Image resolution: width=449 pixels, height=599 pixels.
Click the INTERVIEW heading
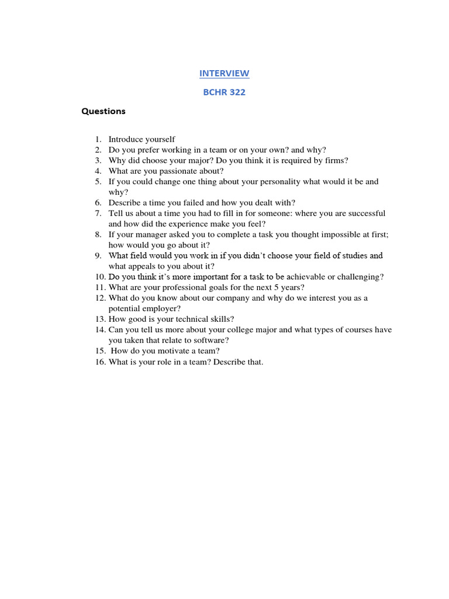(x=224, y=73)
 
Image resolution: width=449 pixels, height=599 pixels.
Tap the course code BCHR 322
(x=224, y=92)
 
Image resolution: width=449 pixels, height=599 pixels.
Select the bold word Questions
(x=103, y=111)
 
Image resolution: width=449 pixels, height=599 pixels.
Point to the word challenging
(x=358, y=277)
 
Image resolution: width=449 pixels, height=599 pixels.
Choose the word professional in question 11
(x=185, y=287)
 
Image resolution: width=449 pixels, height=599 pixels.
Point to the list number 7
(x=98, y=214)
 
